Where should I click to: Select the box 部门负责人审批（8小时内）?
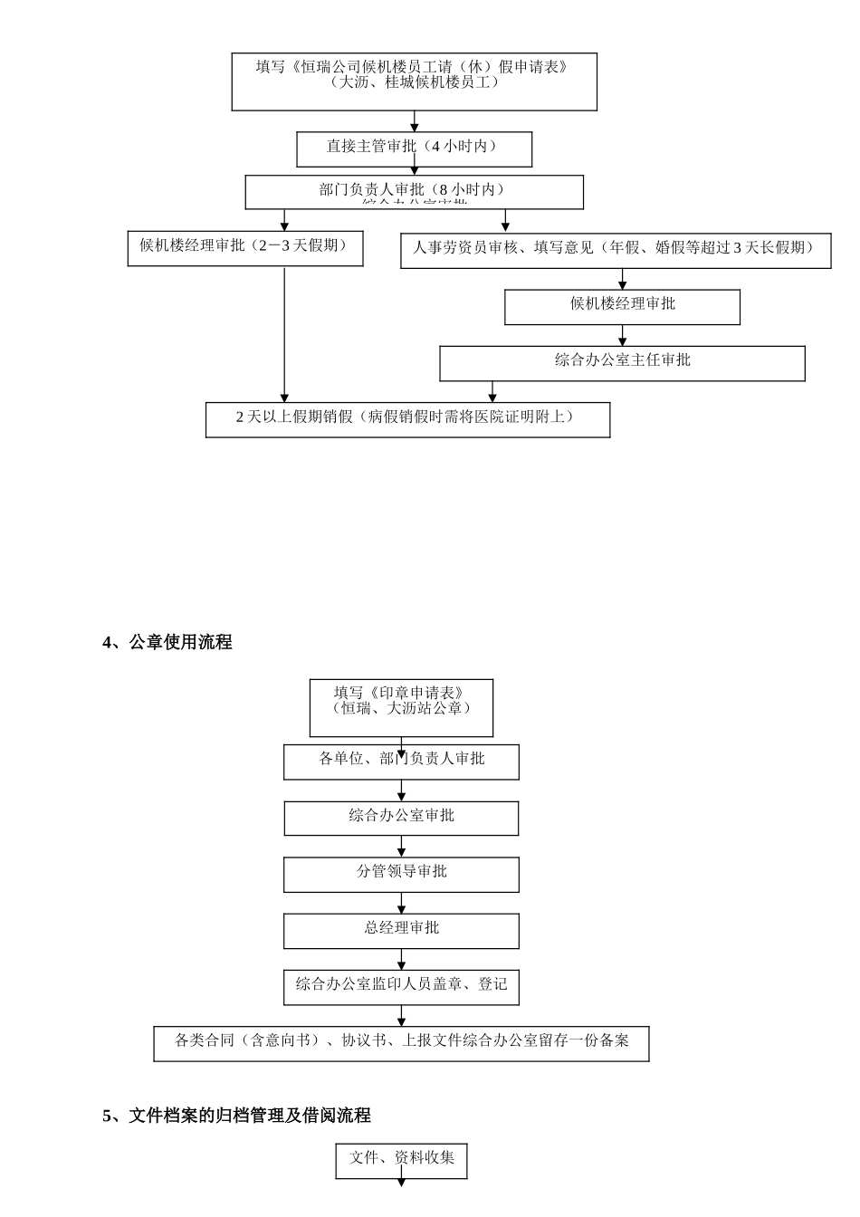click(x=414, y=192)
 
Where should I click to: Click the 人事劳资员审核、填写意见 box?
click(x=616, y=250)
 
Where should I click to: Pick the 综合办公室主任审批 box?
click(x=622, y=363)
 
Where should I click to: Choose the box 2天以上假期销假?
click(x=407, y=419)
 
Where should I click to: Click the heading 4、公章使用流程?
click(x=167, y=642)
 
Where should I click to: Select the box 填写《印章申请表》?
click(x=401, y=707)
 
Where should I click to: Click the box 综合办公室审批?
click(x=401, y=819)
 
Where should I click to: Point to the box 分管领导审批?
click(x=401, y=875)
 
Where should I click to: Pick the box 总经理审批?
click(x=401, y=931)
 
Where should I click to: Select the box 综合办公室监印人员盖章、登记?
click(x=401, y=987)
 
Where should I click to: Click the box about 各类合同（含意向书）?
click(x=401, y=1043)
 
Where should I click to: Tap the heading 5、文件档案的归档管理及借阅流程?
click(x=236, y=1116)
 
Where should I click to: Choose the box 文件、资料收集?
click(x=401, y=1160)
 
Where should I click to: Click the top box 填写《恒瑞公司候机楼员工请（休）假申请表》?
click(x=414, y=81)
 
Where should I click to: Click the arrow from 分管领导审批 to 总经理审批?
click(x=402, y=903)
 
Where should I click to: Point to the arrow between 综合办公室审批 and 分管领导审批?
click(x=402, y=847)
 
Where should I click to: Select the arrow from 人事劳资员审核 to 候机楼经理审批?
click(x=622, y=279)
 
